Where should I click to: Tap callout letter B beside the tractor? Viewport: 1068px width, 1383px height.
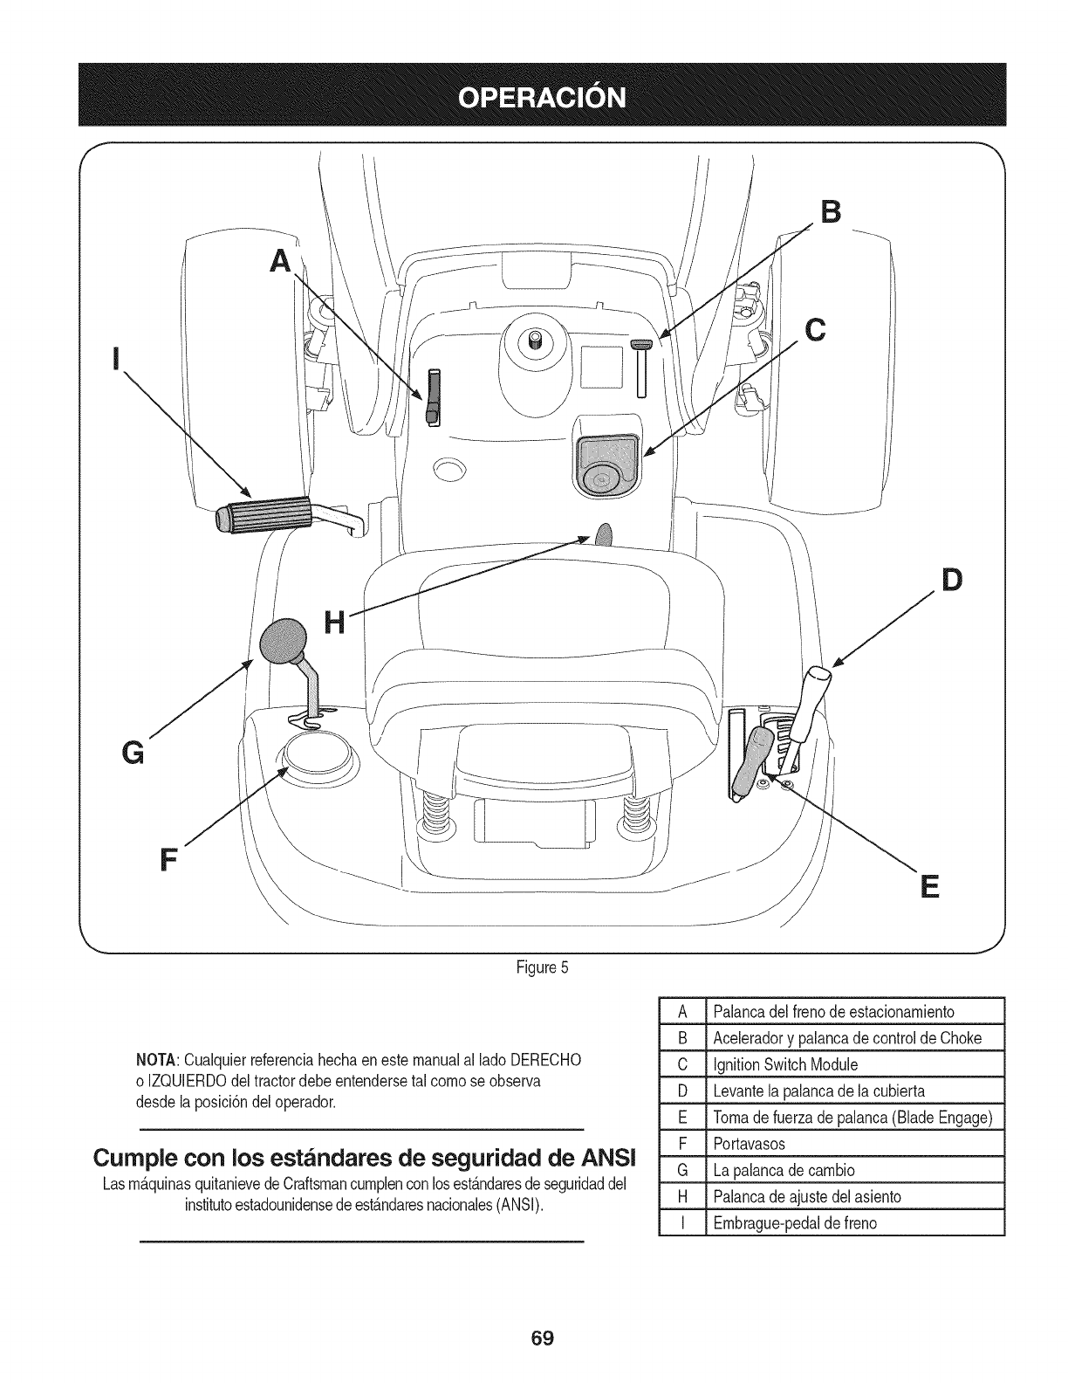[832, 211]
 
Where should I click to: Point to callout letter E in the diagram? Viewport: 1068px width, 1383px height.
[929, 888]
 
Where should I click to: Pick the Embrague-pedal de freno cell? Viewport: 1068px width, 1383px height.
[794, 1222]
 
